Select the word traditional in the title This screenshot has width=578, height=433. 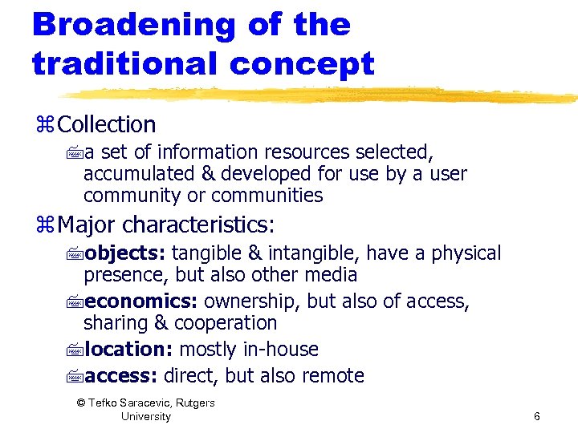[121, 63]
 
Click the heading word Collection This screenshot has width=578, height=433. [107, 124]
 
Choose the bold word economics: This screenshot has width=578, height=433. [141, 301]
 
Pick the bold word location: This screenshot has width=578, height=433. [128, 350]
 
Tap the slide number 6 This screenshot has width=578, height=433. [536, 416]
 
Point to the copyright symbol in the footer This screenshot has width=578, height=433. [80, 403]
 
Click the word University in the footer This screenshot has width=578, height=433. [145, 416]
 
